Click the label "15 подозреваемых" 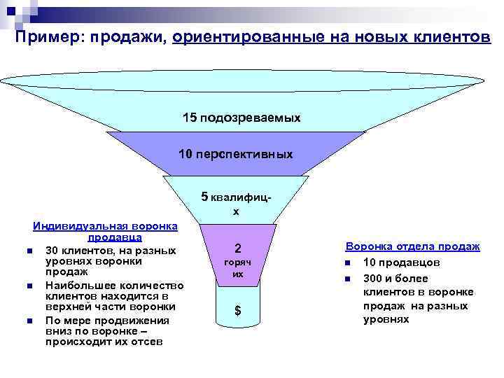(241, 118)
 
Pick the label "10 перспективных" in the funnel (236, 154)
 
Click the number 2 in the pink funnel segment (238, 248)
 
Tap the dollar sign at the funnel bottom (238, 311)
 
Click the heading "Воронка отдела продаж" (412, 246)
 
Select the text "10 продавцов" (402, 262)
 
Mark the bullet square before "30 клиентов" (24, 251)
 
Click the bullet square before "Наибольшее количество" (24, 286)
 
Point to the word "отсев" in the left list (148, 342)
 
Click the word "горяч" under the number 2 (238, 261)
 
